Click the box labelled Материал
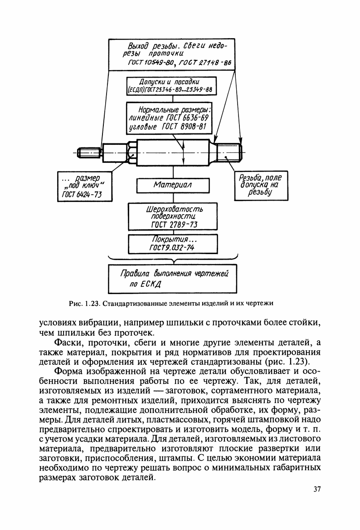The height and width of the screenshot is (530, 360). tap(173, 186)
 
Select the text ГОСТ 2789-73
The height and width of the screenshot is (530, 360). tap(174, 225)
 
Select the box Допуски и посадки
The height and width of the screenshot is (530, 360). tap(173, 85)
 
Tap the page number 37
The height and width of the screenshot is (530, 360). tap(317, 489)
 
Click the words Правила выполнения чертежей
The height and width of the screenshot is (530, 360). tap(174, 274)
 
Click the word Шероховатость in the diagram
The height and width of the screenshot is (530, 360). tap(168, 209)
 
